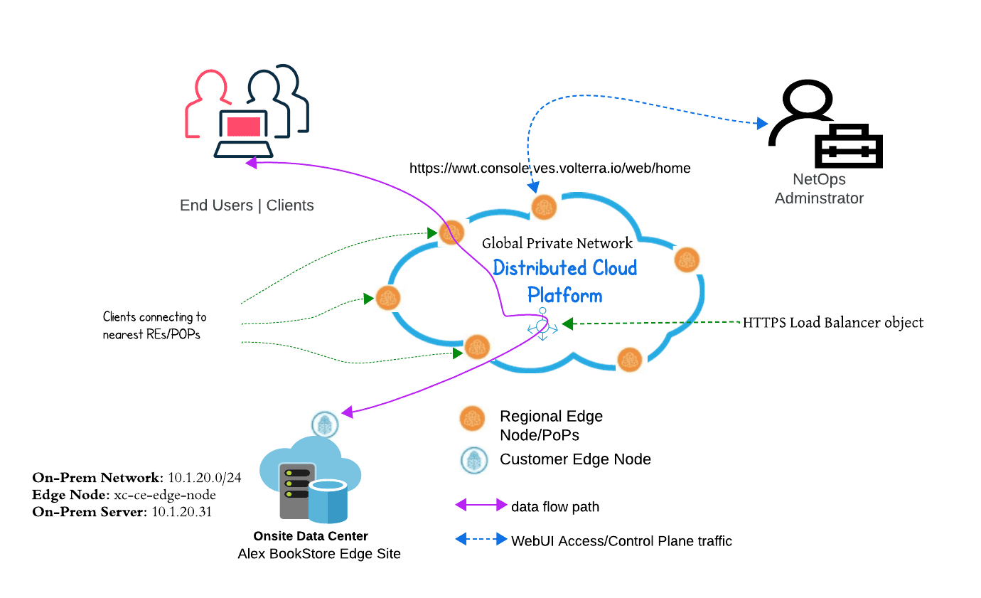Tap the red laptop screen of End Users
pos(244,127)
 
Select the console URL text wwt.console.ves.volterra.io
pos(550,169)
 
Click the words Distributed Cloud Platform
pos(565,281)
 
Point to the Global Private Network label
pos(557,243)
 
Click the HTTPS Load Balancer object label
pos(833,323)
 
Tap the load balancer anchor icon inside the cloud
pos(542,324)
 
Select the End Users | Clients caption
pos(247,205)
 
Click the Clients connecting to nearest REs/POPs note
pos(155,325)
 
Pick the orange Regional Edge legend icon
pos(472,419)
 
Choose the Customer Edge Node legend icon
pos(472,460)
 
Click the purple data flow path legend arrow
pos(481,506)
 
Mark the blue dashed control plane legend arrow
pos(481,540)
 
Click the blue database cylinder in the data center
pos(328,499)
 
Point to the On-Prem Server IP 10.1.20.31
pos(182,511)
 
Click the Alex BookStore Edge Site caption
pos(319,553)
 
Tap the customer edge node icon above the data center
pos(325,425)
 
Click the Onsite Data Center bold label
pos(311,536)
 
